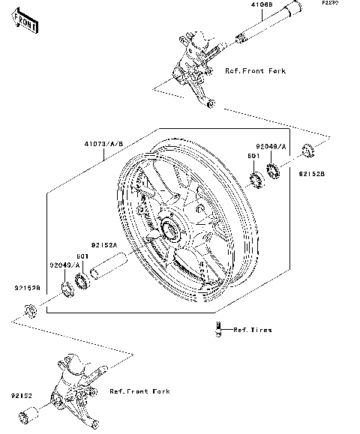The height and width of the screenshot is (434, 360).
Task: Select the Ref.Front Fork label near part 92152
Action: [x=139, y=391]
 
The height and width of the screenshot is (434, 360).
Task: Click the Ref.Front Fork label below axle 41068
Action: [x=255, y=70]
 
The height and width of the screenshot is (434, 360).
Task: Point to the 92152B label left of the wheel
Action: [x=25, y=286]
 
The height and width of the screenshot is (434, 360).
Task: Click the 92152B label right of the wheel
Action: [x=310, y=172]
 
